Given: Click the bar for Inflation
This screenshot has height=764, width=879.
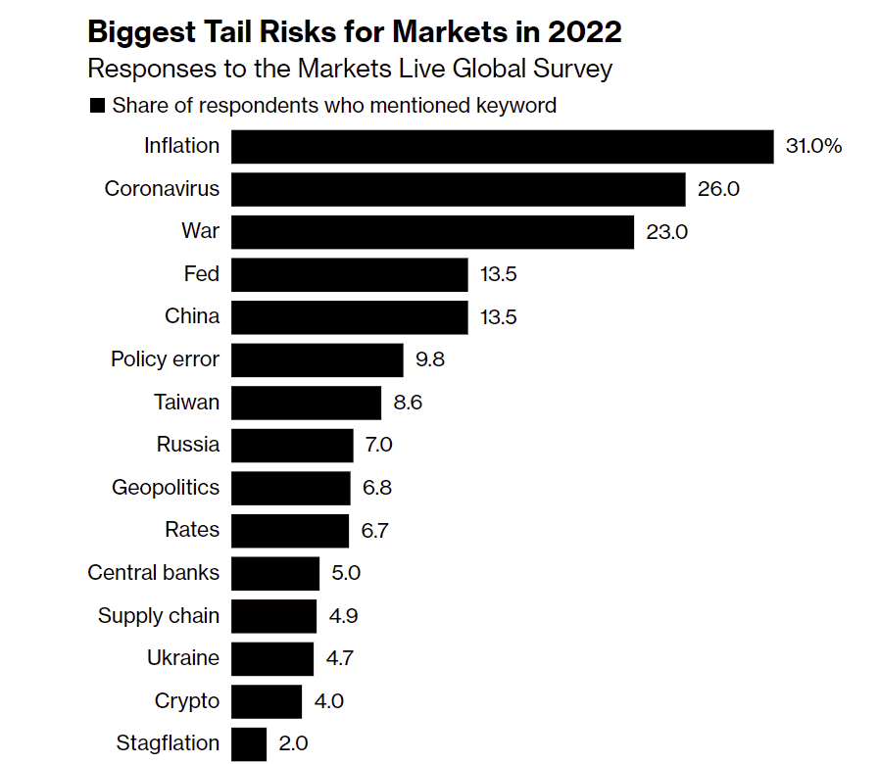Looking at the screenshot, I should pos(503,146).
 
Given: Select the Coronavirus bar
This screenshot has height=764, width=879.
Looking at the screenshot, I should pos(458,189).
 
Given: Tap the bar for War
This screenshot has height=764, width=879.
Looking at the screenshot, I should pos(432,232).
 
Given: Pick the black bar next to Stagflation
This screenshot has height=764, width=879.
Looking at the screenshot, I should pos(249,743).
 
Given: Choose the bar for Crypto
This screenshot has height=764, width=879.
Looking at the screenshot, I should pos(267,701).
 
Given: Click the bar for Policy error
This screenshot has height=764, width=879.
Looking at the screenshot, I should pos(317,359).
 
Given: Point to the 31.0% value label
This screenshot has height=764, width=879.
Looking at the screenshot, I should pos(813,146).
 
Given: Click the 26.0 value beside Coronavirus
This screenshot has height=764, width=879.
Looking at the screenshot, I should pos(718,189).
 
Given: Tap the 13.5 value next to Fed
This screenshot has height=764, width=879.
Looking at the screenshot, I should pos(498,274).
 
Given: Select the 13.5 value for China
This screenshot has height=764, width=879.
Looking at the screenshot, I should pos(498,317).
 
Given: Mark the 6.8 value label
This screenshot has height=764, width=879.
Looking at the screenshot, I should pos(377,488).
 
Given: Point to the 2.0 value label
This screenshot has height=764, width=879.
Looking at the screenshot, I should pos(294,743).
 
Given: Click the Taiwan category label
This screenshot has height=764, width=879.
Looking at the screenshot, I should pos(186,402).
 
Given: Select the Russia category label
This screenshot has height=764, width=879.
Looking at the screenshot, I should pos(188,445).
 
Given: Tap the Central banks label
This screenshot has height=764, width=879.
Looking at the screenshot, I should pos(154,573).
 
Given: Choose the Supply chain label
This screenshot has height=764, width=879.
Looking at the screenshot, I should pos(159,616).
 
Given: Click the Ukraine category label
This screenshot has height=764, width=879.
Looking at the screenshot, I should pos(183,658).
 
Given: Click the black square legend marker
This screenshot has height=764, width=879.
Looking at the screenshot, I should pos(97,106).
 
